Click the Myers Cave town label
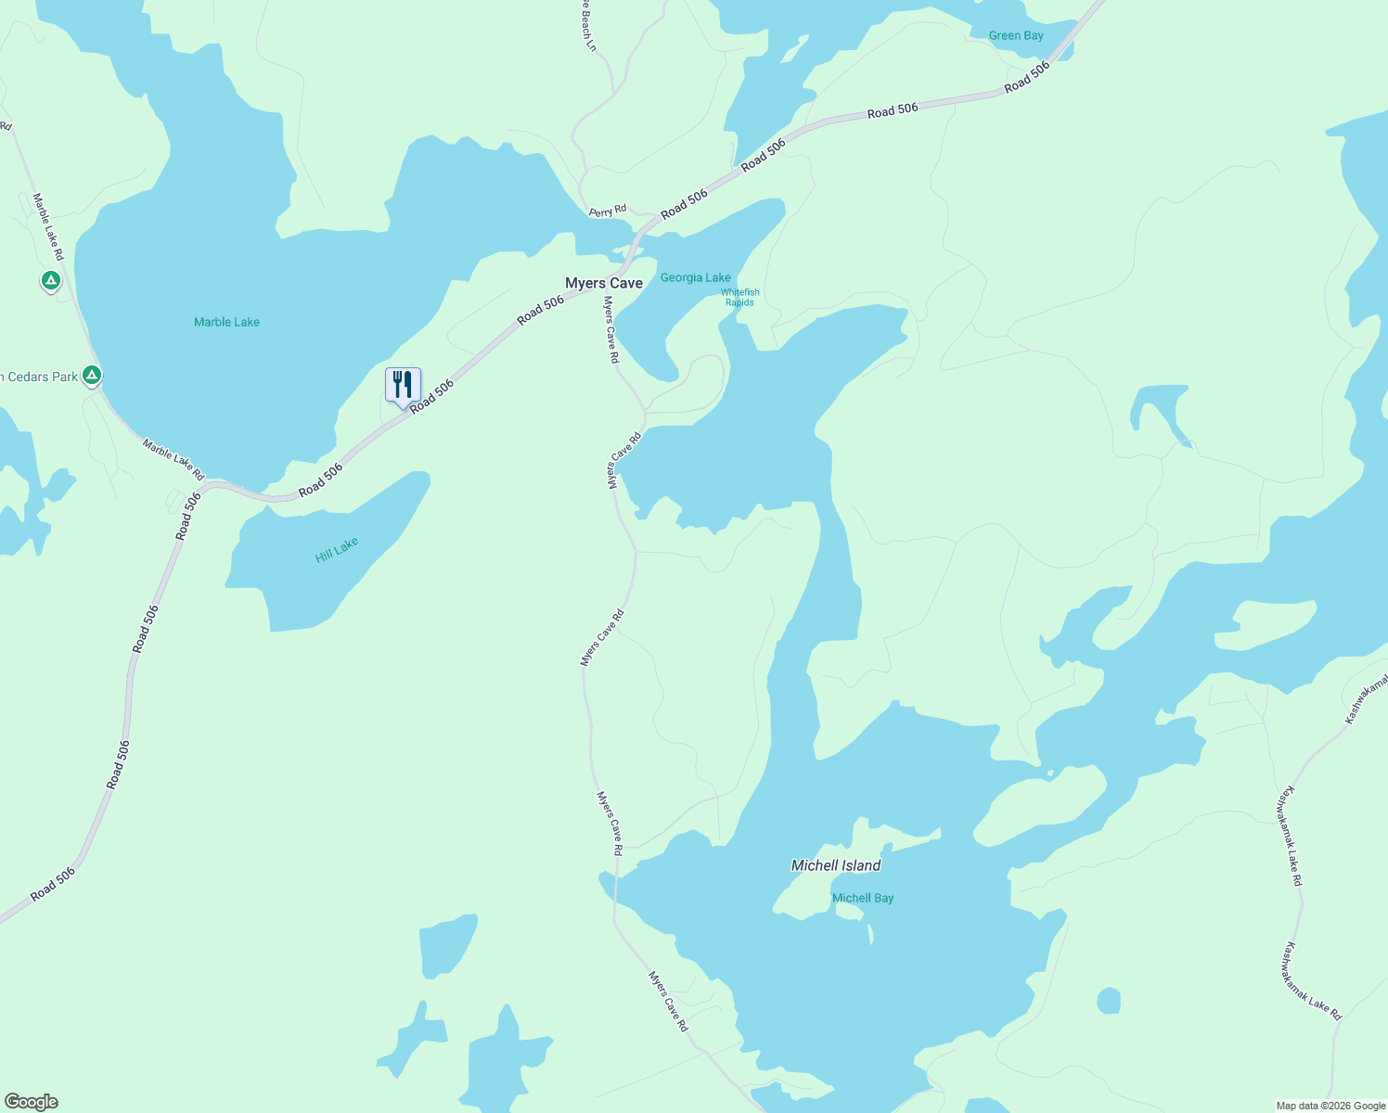tap(604, 283)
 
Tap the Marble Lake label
tap(226, 322)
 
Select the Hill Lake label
tap(336, 550)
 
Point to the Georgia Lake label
tap(695, 277)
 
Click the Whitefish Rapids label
tap(739, 298)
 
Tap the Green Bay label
tap(1016, 36)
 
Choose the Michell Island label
tap(835, 865)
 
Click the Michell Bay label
tap(863, 898)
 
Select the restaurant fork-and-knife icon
tap(403, 384)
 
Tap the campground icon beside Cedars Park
tap(91, 376)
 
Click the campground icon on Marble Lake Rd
tap(51, 279)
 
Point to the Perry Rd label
tap(608, 211)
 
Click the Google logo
tap(31, 1102)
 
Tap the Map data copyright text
tap(1330, 1106)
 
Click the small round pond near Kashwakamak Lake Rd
tap(1109, 1001)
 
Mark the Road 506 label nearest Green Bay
tap(1026, 77)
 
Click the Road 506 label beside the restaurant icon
tap(432, 396)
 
